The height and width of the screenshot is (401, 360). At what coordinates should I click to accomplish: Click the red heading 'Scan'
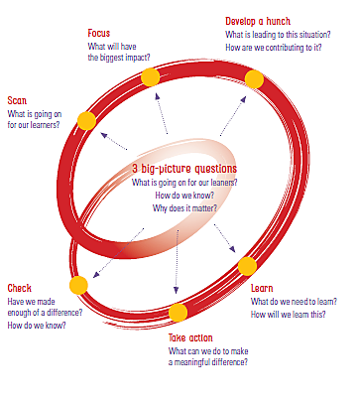pyautogui.click(x=17, y=100)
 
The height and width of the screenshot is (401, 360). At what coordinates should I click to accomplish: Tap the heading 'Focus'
pyautogui.click(x=99, y=33)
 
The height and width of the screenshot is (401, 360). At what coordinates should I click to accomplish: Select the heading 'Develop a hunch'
pyautogui.click(x=258, y=21)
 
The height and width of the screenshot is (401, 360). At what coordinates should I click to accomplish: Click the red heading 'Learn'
pyautogui.click(x=262, y=288)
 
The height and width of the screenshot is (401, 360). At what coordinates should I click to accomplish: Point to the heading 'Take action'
pyautogui.click(x=190, y=337)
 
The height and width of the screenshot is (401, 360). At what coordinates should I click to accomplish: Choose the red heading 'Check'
pyautogui.click(x=20, y=288)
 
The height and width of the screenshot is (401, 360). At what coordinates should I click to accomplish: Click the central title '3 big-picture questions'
pyautogui.click(x=184, y=169)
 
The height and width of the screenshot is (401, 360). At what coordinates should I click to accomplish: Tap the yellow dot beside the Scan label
pyautogui.click(x=86, y=121)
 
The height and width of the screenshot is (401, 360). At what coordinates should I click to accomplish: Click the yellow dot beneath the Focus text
pyautogui.click(x=151, y=77)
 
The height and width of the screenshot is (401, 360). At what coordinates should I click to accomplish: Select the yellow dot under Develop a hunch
pyautogui.click(x=254, y=79)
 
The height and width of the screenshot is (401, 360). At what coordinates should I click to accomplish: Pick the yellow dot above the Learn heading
pyautogui.click(x=247, y=266)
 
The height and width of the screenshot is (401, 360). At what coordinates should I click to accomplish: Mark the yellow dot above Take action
pyautogui.click(x=178, y=313)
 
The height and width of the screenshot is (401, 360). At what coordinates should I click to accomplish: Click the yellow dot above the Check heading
pyautogui.click(x=78, y=285)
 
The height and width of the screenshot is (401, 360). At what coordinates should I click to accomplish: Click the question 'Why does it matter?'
pyautogui.click(x=184, y=208)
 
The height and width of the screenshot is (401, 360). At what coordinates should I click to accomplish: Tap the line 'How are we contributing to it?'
pyautogui.click(x=274, y=48)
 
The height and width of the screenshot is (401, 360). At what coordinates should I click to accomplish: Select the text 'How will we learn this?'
pyautogui.click(x=289, y=314)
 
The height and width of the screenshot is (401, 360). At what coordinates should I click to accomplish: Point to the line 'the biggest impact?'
pyautogui.click(x=119, y=58)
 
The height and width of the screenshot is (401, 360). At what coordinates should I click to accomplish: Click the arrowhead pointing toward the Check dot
pyautogui.click(x=95, y=275)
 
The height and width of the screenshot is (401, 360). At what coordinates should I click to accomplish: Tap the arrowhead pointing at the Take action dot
pyautogui.click(x=177, y=290)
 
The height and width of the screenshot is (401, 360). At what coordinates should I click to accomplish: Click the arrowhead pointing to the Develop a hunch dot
pyautogui.click(x=243, y=99)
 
